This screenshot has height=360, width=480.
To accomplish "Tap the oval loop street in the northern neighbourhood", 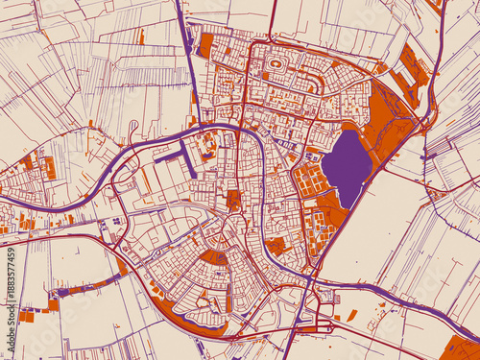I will coord(276,64).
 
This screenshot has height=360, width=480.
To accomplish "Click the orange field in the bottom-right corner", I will coord(462,348).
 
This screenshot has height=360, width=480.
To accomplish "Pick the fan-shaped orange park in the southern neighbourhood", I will coord(214,257).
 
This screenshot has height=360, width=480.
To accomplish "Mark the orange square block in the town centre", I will coord(233,200).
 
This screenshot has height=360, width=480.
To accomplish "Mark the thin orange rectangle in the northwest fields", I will coord(141,36).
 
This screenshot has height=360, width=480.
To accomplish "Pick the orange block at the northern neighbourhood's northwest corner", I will coord(205,44).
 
